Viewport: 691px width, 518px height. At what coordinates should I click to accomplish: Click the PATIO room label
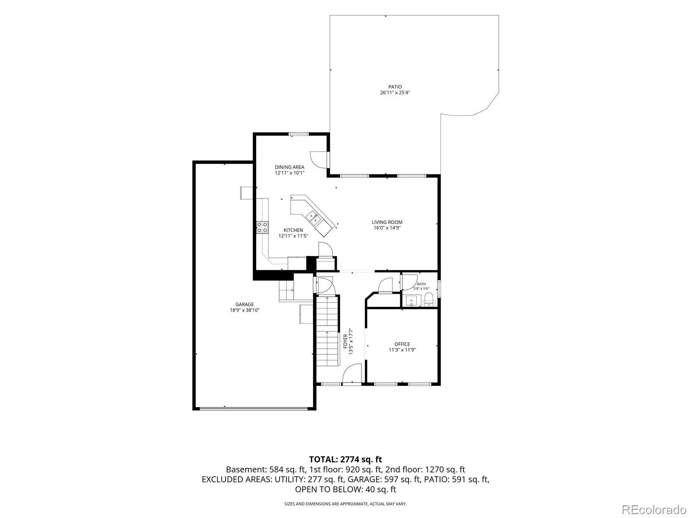395,87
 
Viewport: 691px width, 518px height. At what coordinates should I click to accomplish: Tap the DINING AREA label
290,167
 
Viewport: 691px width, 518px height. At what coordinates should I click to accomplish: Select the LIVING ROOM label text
387,222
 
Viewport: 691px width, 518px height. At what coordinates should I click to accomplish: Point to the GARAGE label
244,304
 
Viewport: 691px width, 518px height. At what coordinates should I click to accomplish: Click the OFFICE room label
403,344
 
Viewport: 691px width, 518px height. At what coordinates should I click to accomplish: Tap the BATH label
421,284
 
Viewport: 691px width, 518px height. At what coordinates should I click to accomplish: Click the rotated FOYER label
345,341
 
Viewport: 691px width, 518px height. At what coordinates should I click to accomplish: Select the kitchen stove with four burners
262,227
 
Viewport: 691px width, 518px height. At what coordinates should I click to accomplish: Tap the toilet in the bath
429,298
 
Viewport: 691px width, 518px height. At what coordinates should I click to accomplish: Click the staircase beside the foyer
327,331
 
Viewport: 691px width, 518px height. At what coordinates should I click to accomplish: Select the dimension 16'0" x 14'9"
387,228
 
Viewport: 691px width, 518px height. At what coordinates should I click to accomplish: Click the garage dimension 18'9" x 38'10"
244,310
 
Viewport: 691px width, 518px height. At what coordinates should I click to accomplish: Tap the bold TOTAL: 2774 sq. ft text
345,459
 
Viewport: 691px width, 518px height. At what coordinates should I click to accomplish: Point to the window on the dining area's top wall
299,134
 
